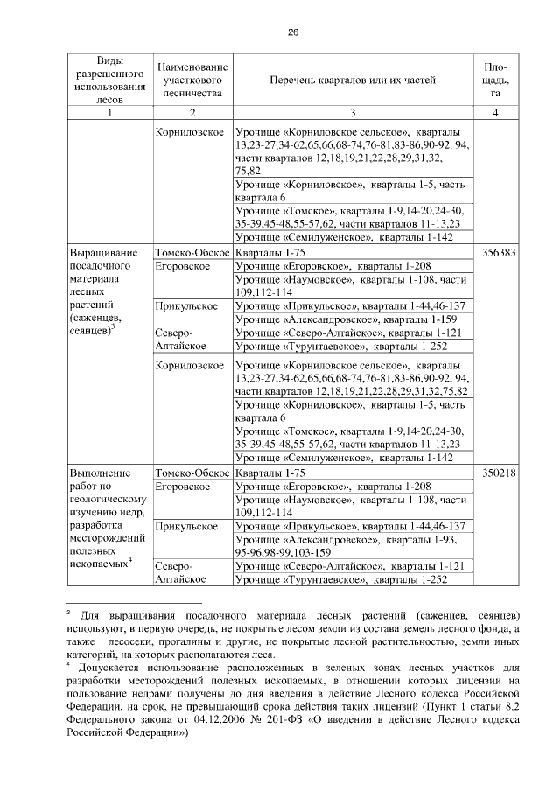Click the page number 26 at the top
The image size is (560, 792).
point(293,32)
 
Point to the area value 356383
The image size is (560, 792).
point(496,251)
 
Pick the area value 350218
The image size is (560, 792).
point(496,473)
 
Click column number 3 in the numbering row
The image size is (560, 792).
point(353,113)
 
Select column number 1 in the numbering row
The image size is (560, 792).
point(109,113)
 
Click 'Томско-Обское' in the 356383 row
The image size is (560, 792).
point(192,251)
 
